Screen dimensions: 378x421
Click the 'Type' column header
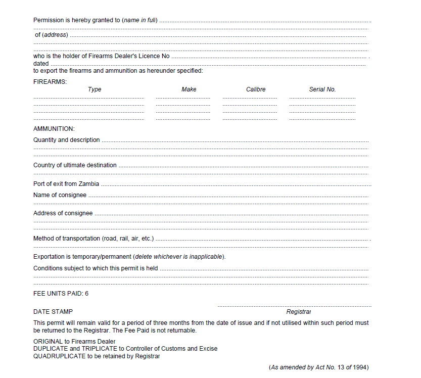pos(95,89)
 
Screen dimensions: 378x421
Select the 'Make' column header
pos(189,89)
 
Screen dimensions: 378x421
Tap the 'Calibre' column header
pos(256,89)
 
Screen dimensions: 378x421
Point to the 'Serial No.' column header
pos(322,89)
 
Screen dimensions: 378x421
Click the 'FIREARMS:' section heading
pos(50,81)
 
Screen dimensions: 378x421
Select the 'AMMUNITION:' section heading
pos(54,129)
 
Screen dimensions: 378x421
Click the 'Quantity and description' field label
pos(67,140)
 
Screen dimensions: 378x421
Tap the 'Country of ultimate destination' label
pos(75,165)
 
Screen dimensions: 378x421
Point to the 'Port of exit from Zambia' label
pos(66,184)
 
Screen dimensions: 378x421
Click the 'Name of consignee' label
pos(60,195)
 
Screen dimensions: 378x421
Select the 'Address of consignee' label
pos(63,213)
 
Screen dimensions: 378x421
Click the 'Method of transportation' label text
pos(93,239)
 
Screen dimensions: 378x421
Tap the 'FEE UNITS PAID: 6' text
pos(61,294)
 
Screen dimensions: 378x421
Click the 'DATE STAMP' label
pos(53,312)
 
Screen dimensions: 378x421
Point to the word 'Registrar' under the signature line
pos(299,312)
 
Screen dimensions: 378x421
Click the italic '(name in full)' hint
pos(140,20)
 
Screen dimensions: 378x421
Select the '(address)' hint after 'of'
pos(55,35)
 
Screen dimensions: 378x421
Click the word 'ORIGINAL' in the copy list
pos(48,342)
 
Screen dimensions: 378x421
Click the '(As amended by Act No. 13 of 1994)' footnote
pos(318,367)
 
